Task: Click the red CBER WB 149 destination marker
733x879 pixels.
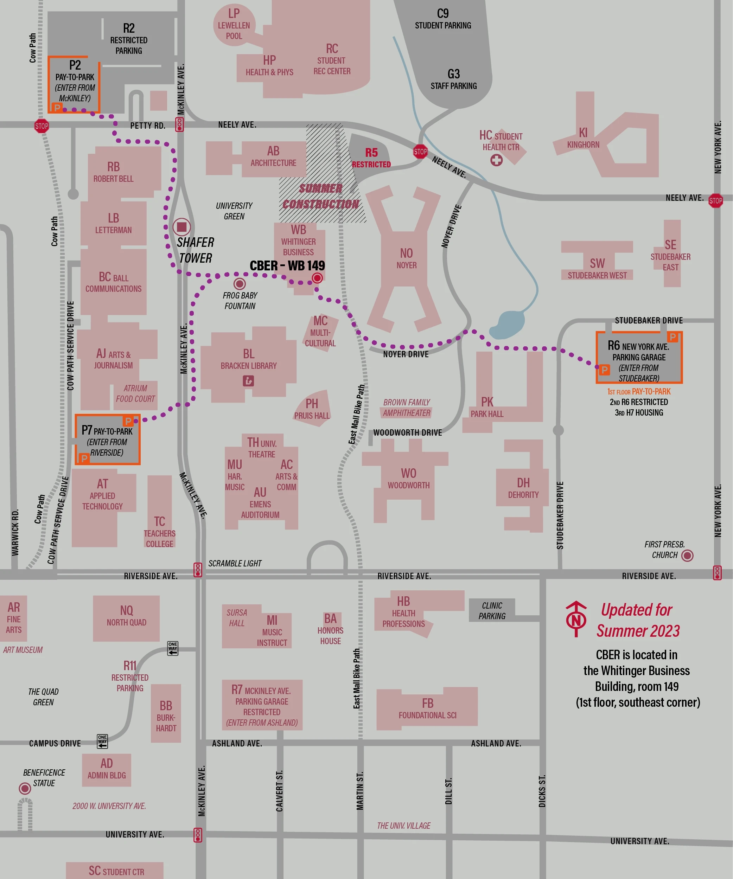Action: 317,278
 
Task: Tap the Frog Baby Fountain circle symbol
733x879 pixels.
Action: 240,284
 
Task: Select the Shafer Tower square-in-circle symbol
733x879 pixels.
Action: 182,227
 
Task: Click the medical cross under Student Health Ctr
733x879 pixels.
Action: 497,160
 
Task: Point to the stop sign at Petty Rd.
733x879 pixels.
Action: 42,126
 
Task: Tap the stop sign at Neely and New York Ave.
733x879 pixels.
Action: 715,201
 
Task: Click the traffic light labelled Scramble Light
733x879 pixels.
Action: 198,570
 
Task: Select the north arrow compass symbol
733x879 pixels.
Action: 576,619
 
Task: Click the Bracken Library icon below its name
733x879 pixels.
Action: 248,381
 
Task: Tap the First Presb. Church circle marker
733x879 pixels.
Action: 687,556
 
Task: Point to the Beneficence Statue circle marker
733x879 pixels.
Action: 25,789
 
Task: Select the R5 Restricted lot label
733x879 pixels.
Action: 371,158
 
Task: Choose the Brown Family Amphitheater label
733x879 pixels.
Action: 407,407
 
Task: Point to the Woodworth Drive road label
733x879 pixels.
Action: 407,432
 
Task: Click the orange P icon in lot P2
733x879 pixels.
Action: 57,108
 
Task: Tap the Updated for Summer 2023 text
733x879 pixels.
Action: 638,620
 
